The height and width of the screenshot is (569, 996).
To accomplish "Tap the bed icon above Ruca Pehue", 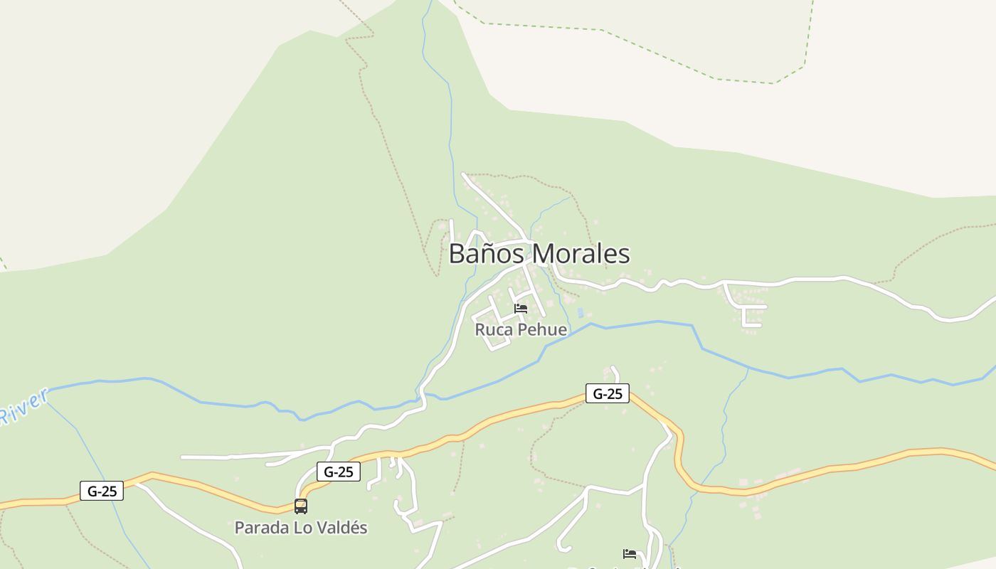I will click(521, 309).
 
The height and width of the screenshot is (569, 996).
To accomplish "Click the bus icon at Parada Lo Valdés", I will click(301, 506).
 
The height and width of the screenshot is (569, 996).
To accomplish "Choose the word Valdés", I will click(341, 528).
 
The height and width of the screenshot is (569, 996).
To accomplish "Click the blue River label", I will click(23, 407).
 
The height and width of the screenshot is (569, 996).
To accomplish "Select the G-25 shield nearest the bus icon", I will click(338, 471).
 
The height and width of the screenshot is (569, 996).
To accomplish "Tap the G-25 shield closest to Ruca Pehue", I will click(607, 393).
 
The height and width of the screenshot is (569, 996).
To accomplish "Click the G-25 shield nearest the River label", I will click(101, 490).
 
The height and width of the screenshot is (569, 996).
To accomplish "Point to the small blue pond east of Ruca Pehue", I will click(581, 312).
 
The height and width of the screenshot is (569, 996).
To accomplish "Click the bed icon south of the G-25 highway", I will click(629, 553).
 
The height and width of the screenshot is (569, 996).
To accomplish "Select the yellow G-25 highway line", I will click(854, 466).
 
